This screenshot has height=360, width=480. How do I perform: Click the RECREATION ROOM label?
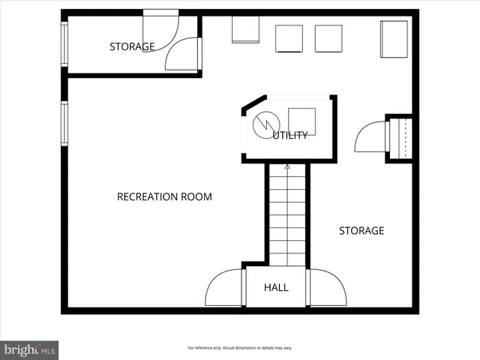164,196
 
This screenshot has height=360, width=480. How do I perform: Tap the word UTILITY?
290,136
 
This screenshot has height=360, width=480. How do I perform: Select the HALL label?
276,287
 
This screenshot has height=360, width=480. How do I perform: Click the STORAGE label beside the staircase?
361,230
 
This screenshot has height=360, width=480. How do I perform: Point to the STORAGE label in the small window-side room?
132,46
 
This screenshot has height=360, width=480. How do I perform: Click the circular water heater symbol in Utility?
265,124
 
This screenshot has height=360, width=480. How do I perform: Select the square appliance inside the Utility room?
301,121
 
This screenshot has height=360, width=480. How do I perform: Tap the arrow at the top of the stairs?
287,166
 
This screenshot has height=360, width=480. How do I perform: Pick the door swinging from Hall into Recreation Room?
224,289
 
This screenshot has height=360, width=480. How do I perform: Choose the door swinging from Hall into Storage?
328,288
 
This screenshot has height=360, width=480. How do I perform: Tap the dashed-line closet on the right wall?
400,137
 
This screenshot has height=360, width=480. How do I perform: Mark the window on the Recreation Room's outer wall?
64,124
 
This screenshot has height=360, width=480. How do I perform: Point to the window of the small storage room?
64,44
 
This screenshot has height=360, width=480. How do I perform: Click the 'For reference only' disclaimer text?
239,348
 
